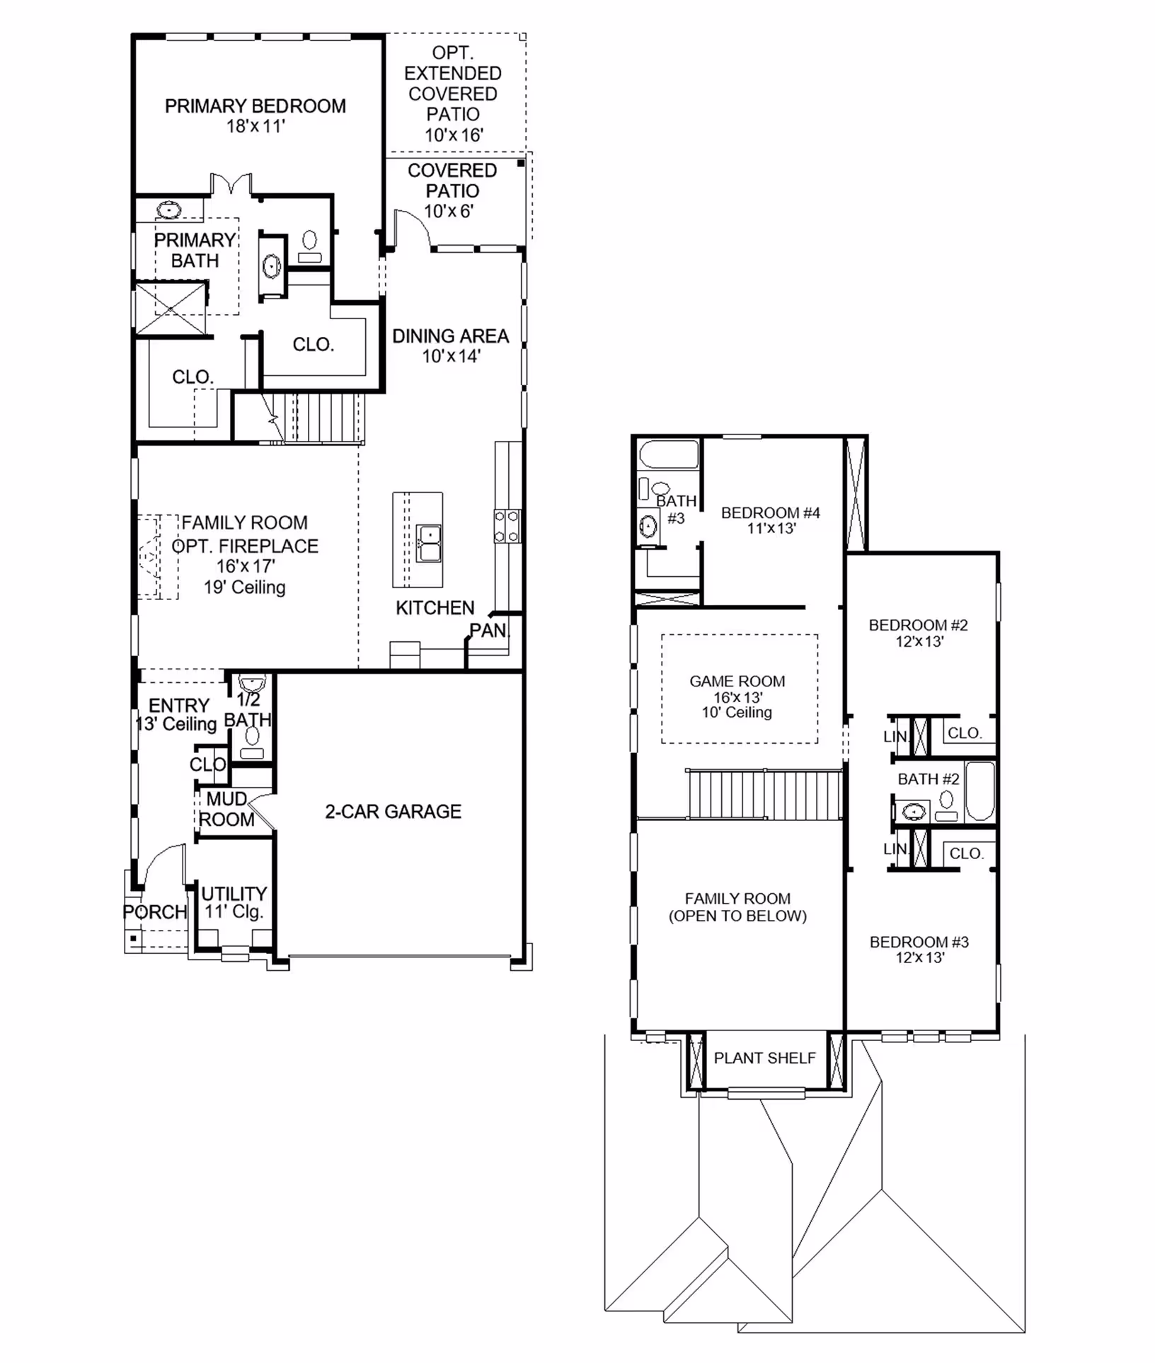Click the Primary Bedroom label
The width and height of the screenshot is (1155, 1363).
[x=255, y=106]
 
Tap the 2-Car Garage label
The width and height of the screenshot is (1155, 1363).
[x=393, y=811]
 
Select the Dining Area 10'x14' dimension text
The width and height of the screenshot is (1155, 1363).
[x=452, y=356]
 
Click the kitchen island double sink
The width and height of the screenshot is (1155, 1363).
[x=428, y=543]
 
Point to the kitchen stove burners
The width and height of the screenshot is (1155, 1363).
[x=507, y=527]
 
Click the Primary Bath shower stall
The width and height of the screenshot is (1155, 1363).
[x=171, y=309]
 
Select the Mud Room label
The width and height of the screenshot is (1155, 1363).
[x=226, y=809]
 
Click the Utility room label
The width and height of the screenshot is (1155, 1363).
[x=234, y=893]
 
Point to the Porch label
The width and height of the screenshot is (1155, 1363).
[x=155, y=911]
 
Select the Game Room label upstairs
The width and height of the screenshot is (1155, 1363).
[x=737, y=681]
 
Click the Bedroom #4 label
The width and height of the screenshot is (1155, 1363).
[x=771, y=512]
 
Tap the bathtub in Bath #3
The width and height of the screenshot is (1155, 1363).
[x=669, y=454]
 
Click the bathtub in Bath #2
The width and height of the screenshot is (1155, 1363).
[x=981, y=791]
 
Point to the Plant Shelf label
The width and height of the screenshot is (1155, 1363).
[x=764, y=1057]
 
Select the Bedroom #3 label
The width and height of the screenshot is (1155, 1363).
[x=919, y=942]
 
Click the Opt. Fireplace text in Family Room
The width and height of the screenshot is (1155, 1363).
[x=245, y=546]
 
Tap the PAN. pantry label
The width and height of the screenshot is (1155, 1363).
[x=489, y=630]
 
